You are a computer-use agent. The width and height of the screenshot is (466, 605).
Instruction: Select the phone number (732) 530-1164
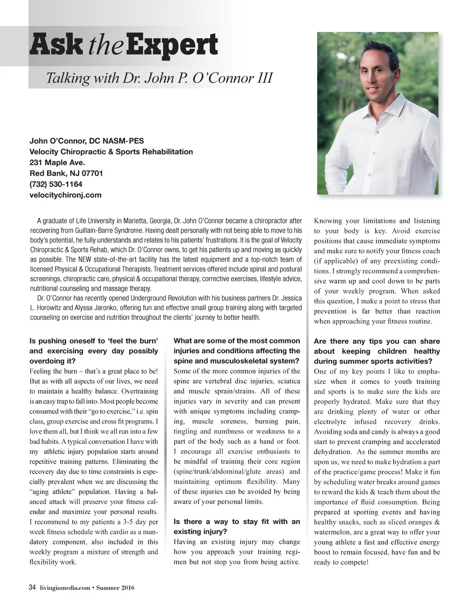(x=56, y=184)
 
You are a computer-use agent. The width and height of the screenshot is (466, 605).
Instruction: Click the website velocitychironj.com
(x=66, y=195)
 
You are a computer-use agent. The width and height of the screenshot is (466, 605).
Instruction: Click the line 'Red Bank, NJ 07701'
(x=66, y=173)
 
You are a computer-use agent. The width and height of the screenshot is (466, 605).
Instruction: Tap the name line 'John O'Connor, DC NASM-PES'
(x=86, y=141)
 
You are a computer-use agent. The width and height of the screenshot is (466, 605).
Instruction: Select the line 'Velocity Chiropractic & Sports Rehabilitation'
(x=111, y=151)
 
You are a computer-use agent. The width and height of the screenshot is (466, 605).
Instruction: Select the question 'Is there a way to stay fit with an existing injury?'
(x=237, y=526)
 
